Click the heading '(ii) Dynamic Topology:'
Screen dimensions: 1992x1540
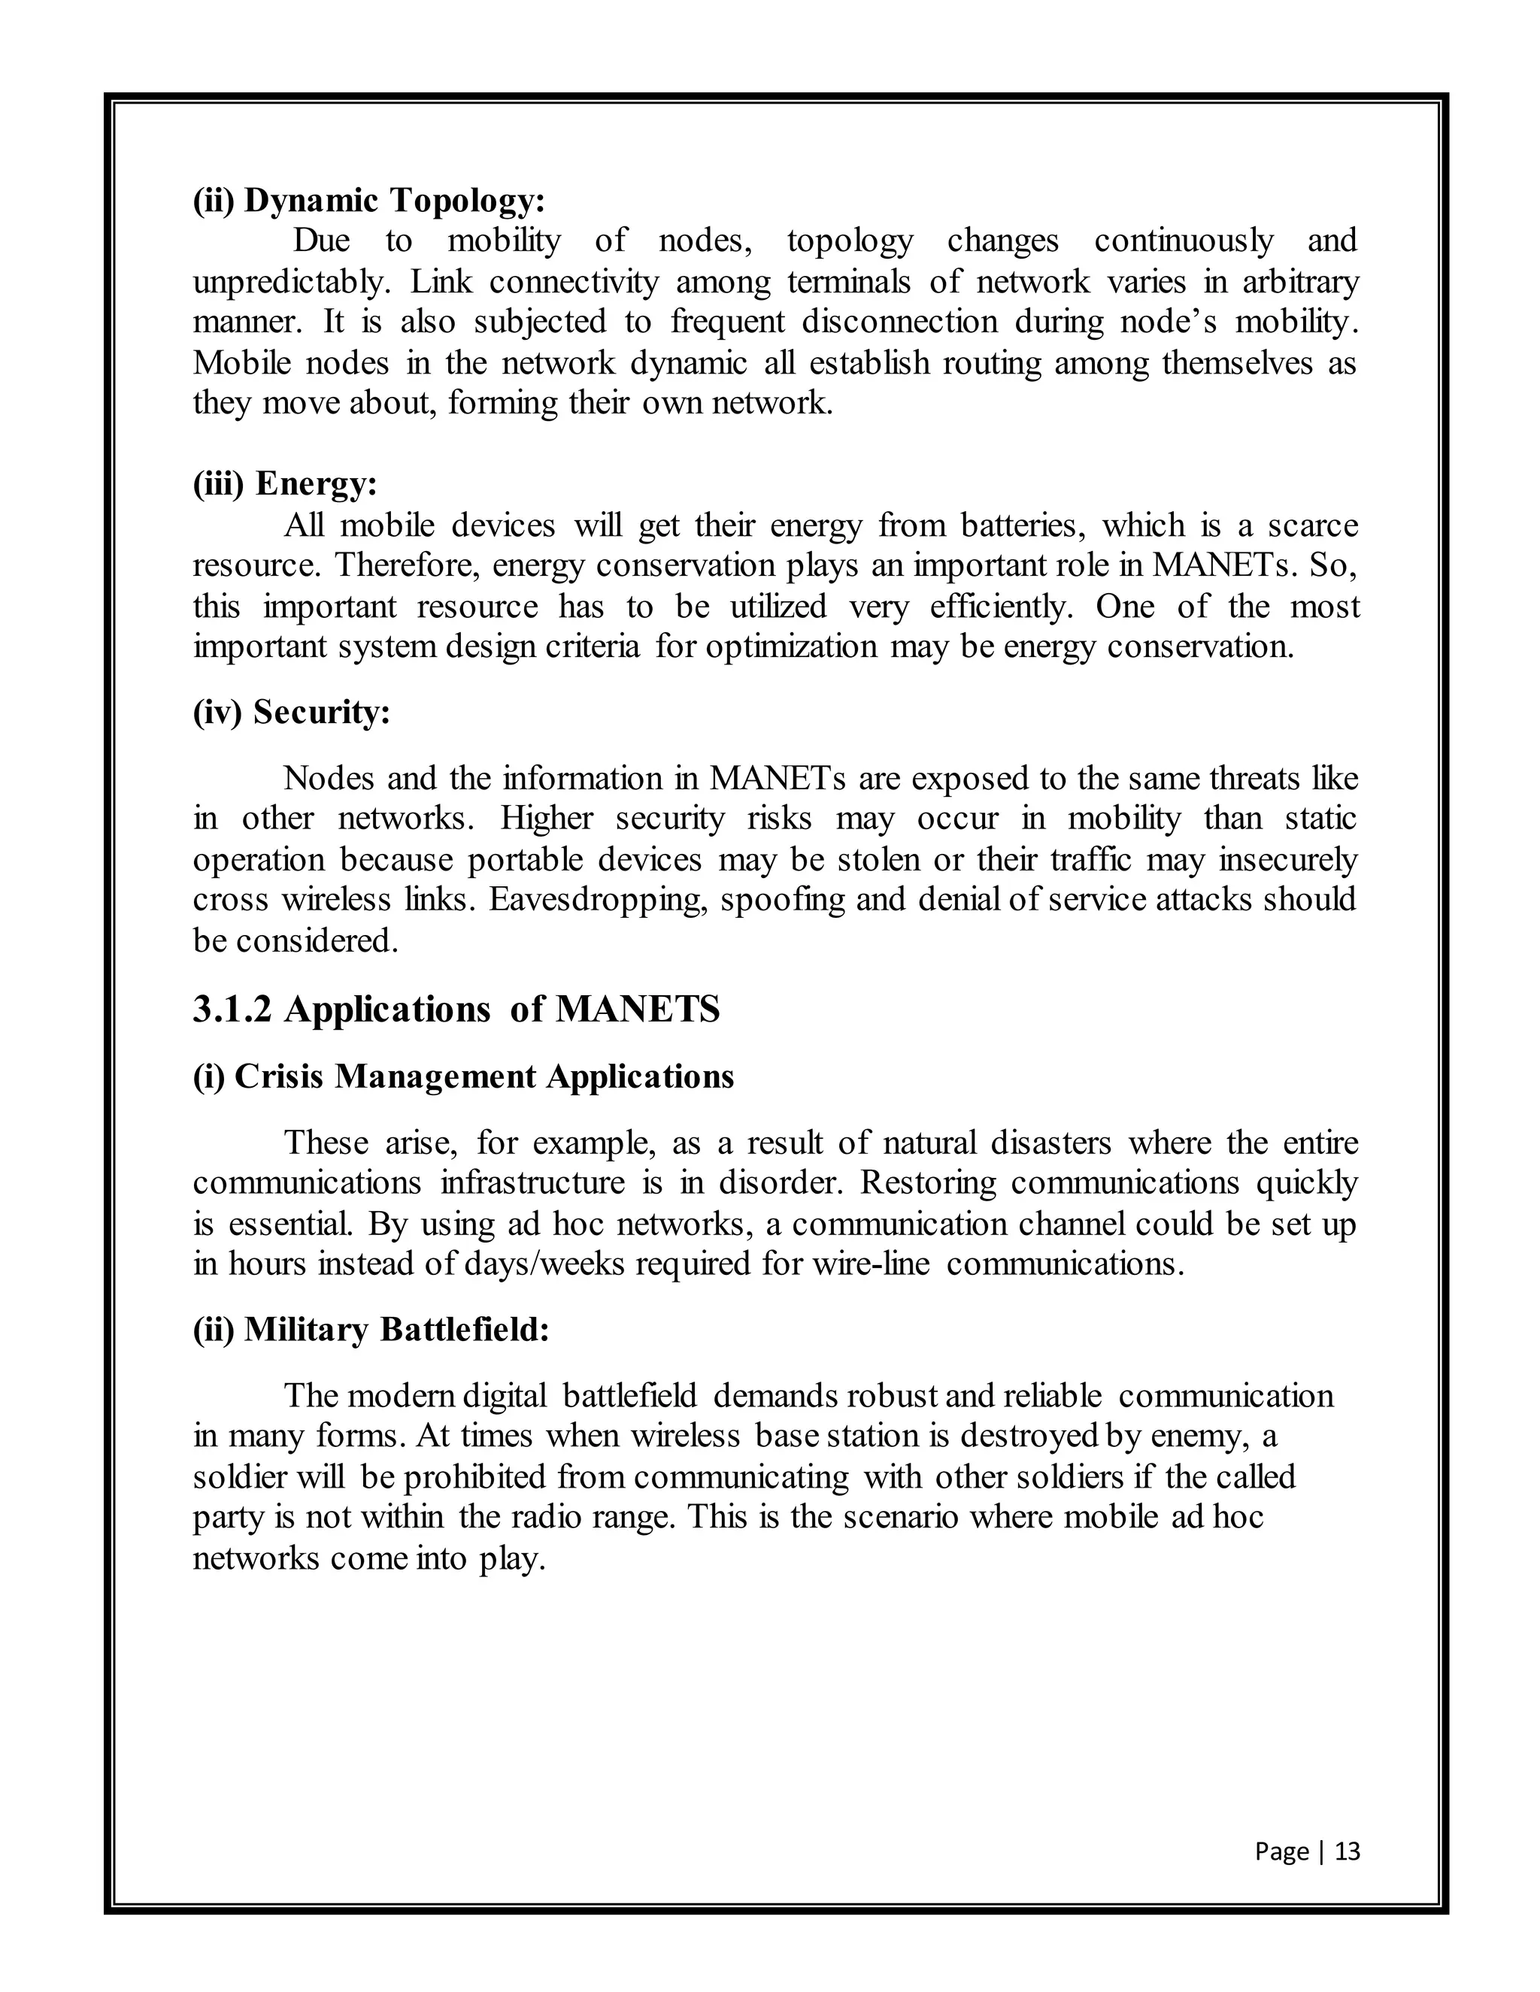(x=368, y=200)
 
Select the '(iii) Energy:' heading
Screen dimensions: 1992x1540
(x=285, y=483)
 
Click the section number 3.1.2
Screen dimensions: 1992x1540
(x=232, y=1009)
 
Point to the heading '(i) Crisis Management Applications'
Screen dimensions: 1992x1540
(x=462, y=1076)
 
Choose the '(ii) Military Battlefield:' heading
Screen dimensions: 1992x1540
(x=371, y=1329)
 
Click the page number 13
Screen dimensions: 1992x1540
(x=1347, y=1851)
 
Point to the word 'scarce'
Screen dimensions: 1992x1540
(x=1313, y=525)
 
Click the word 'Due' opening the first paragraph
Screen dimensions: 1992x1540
(x=321, y=241)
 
